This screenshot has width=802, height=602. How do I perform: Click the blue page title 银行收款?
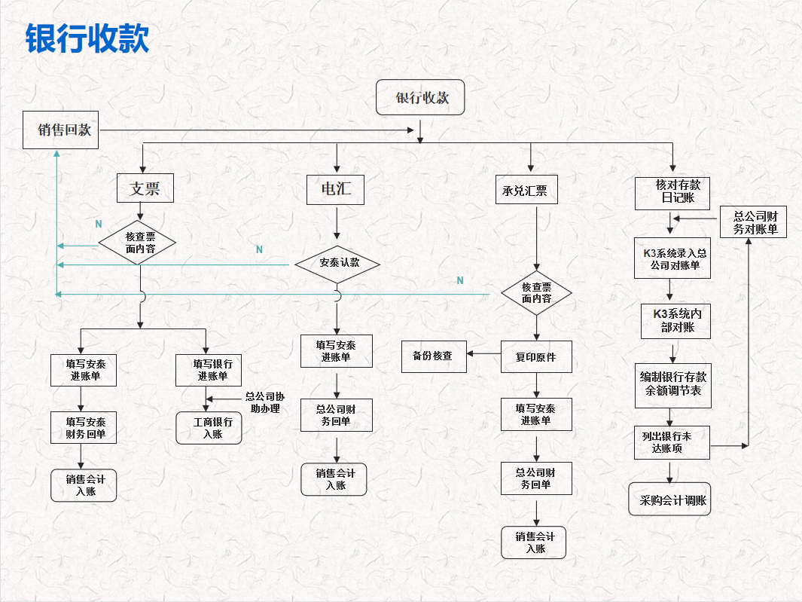(87, 38)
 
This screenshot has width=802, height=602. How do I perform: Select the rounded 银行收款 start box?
(420, 97)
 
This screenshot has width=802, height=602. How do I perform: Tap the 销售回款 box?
(61, 130)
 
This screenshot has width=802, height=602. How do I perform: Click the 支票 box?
(145, 188)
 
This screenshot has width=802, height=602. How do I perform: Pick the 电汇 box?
(336, 188)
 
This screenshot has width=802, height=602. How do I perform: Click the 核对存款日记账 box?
(672, 192)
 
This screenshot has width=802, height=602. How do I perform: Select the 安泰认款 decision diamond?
(337, 264)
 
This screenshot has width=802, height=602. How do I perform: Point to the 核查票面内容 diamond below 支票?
(139, 243)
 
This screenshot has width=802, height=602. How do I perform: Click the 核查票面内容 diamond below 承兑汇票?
(536, 293)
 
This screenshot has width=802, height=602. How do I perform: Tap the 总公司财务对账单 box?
(754, 222)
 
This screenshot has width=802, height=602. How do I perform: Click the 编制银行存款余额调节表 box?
(672, 384)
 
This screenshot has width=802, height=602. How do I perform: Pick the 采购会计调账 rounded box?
(670, 500)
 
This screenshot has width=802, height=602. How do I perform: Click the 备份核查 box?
(434, 356)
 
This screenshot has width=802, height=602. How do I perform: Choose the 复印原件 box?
(536, 357)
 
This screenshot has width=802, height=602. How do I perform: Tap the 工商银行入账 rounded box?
(209, 427)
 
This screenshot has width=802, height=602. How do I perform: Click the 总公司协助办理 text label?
(264, 402)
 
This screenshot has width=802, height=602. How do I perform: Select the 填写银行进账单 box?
(208, 370)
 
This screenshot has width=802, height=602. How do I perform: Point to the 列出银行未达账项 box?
(672, 442)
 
